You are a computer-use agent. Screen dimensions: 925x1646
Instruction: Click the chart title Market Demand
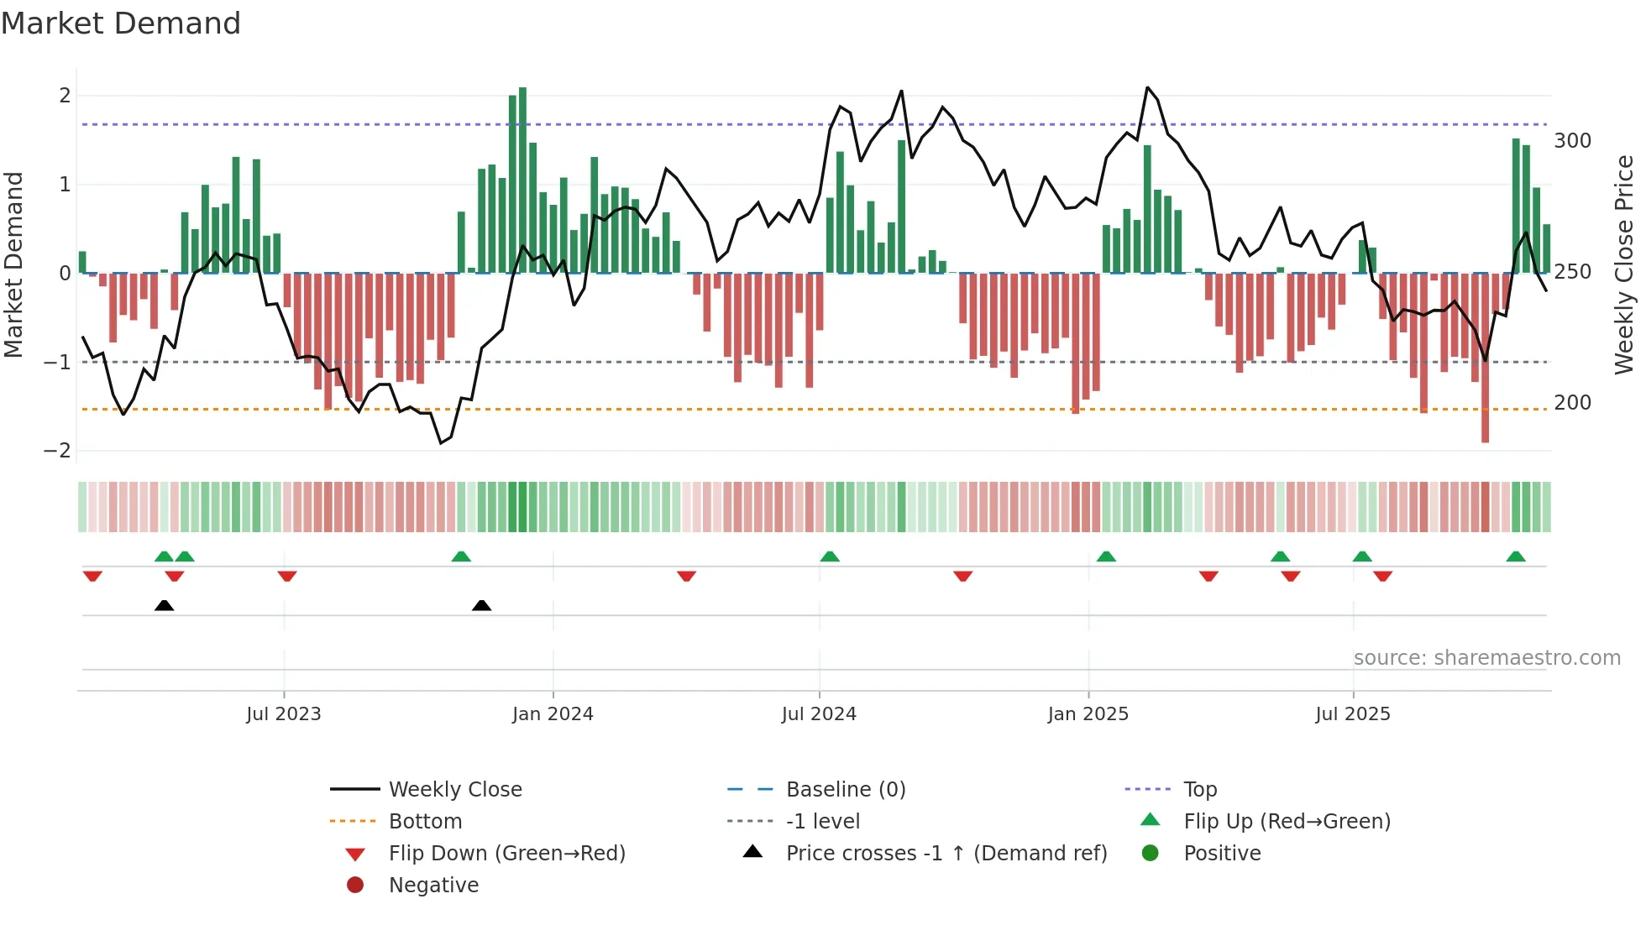[121, 24]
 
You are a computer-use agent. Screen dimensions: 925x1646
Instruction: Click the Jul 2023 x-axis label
[283, 714]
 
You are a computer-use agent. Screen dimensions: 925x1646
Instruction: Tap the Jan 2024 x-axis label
[553, 714]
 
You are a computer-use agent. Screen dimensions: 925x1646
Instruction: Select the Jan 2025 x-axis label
[1088, 714]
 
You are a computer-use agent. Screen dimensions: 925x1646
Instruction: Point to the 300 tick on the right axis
[1572, 141]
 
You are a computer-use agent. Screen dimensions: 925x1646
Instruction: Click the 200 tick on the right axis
[1572, 403]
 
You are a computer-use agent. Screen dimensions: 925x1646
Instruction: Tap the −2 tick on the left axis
[57, 451]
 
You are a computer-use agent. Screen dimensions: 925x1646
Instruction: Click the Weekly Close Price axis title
[1624, 264]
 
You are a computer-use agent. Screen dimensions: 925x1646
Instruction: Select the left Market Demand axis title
[14, 264]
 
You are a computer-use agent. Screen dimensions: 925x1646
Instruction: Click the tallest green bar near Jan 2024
[522, 180]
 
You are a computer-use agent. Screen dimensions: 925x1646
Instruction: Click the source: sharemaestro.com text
[1486, 658]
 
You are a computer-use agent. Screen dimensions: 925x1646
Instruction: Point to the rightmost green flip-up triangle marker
[1516, 557]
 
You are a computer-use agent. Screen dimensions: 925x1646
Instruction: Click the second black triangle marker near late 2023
[481, 605]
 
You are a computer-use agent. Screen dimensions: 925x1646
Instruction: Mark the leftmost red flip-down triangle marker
[92, 576]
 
